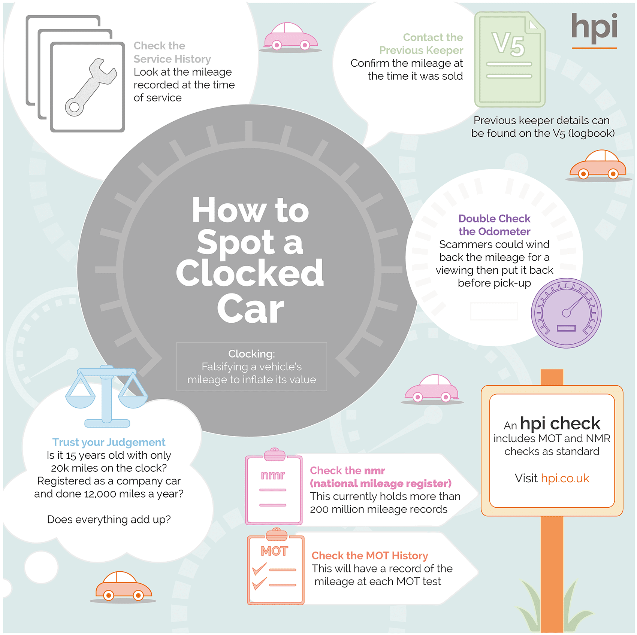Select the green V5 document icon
(510, 59)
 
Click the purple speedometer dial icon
(566, 313)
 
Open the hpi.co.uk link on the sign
(565, 478)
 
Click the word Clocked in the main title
(250, 273)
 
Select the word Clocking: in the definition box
(251, 354)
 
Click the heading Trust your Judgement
(109, 442)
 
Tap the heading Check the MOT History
(370, 556)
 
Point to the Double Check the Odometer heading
(494, 225)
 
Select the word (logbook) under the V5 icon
(591, 133)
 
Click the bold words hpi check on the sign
(560, 423)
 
